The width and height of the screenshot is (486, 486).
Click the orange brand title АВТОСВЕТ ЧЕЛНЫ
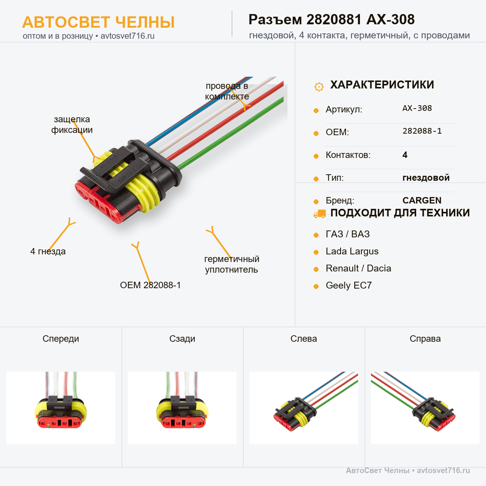click(x=98, y=22)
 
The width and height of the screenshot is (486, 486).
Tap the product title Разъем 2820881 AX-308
click(x=331, y=19)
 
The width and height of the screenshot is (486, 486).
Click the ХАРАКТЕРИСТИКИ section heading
click(x=382, y=85)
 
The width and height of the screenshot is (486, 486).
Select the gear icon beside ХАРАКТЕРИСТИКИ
click(x=319, y=87)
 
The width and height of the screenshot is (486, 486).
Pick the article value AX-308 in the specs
click(x=417, y=108)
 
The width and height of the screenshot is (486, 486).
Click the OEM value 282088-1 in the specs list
click(x=422, y=131)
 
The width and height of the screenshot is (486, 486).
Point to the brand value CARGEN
click(x=422, y=200)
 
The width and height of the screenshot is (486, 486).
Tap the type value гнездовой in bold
click(x=426, y=178)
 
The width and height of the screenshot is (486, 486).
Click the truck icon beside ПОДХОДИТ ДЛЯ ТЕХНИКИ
click(x=320, y=214)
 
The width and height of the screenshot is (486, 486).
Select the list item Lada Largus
click(x=352, y=251)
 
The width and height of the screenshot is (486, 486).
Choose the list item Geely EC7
click(x=349, y=286)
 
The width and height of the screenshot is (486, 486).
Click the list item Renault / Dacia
click(x=358, y=268)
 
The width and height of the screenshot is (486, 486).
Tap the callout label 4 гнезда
click(x=48, y=251)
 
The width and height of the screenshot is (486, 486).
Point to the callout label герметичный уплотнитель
click(x=232, y=264)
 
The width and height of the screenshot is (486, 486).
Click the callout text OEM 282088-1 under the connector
click(x=150, y=285)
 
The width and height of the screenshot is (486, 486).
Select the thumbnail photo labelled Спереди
click(x=61, y=408)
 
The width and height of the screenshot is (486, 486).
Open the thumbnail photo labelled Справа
click(x=425, y=408)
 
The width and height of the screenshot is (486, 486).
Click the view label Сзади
click(x=182, y=339)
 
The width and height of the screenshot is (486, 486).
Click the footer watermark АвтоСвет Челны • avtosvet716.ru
click(x=408, y=470)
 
